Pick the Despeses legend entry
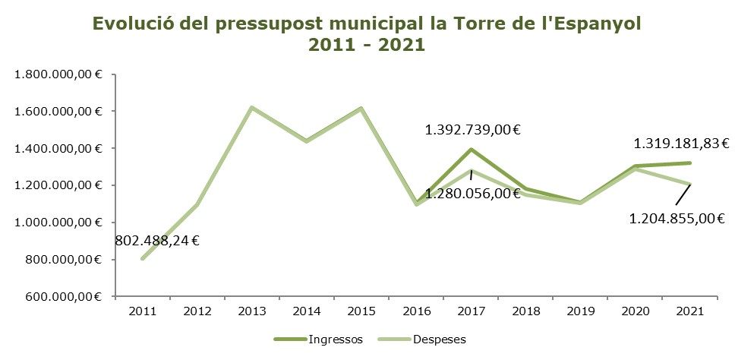(440, 339)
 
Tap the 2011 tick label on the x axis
(142, 311)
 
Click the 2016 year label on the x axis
(417, 311)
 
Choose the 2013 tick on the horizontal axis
(252, 311)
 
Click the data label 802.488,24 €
(157, 242)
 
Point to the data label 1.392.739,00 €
(472, 130)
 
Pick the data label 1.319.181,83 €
(681, 143)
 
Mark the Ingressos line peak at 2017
(472, 150)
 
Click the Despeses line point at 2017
(472, 170)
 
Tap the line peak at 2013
(252, 108)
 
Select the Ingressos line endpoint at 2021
(690, 163)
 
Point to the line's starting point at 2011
(142, 259)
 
